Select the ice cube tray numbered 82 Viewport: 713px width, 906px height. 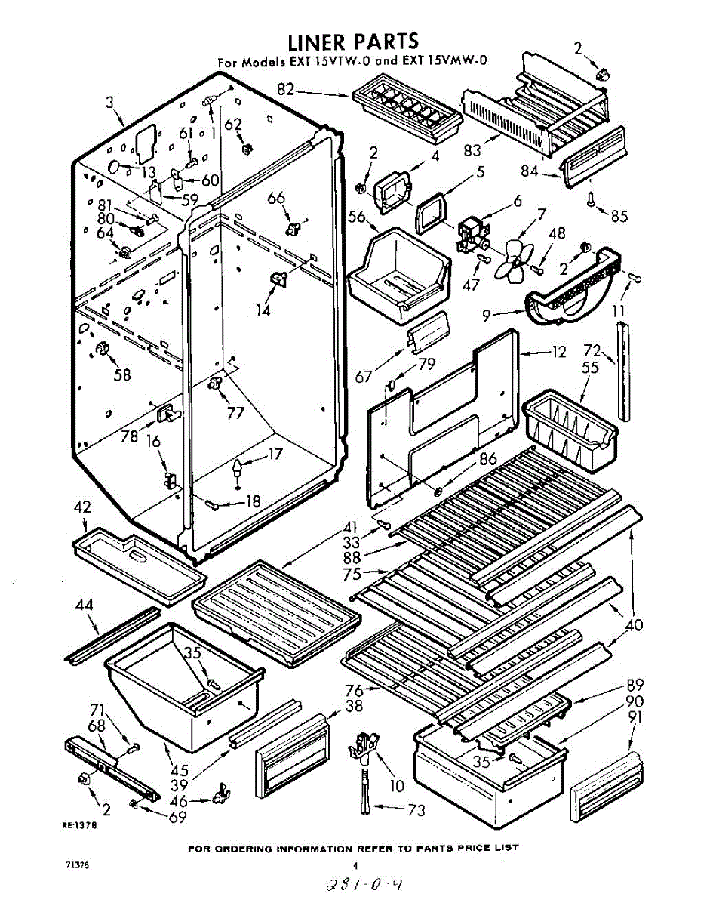(x=405, y=111)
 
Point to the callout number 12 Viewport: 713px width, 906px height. (x=559, y=350)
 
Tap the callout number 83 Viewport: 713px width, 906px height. (x=472, y=149)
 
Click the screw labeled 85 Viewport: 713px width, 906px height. (x=591, y=200)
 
